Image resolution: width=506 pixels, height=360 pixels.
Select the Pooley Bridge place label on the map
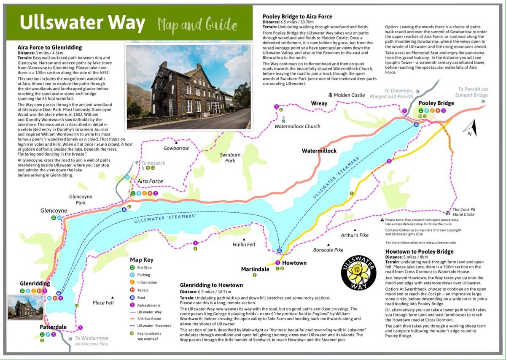(436, 103)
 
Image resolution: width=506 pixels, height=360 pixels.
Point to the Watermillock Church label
(297, 126)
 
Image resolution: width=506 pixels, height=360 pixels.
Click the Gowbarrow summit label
(176, 149)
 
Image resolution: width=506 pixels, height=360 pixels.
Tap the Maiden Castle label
(349, 95)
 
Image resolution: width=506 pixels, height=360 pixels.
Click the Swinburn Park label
(230, 157)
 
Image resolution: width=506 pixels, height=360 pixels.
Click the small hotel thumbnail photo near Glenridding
(25, 308)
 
